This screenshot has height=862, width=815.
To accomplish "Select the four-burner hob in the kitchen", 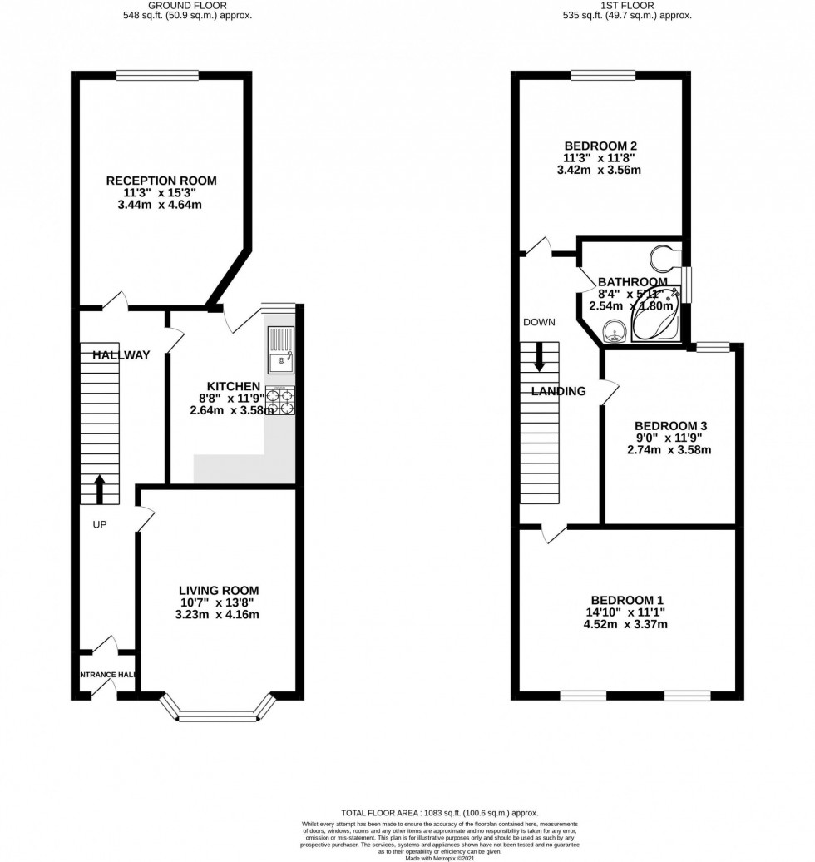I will tap(279, 401).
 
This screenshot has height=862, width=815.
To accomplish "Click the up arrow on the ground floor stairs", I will tap(100, 489).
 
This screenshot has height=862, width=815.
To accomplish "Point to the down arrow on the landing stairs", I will tap(539, 357).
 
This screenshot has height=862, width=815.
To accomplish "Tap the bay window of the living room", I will tap(218, 711).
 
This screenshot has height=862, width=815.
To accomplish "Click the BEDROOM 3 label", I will tap(672, 425).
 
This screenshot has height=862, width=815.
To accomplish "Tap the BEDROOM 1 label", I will tap(627, 600).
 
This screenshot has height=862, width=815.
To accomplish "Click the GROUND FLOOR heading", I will tap(200, 5).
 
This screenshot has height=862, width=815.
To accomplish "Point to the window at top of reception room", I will tap(157, 76).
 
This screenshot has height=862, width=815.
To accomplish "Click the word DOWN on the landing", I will tap(539, 322).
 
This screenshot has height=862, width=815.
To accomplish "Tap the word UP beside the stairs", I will tap(100, 525).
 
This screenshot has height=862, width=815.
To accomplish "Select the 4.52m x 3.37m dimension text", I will tap(627, 624).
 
